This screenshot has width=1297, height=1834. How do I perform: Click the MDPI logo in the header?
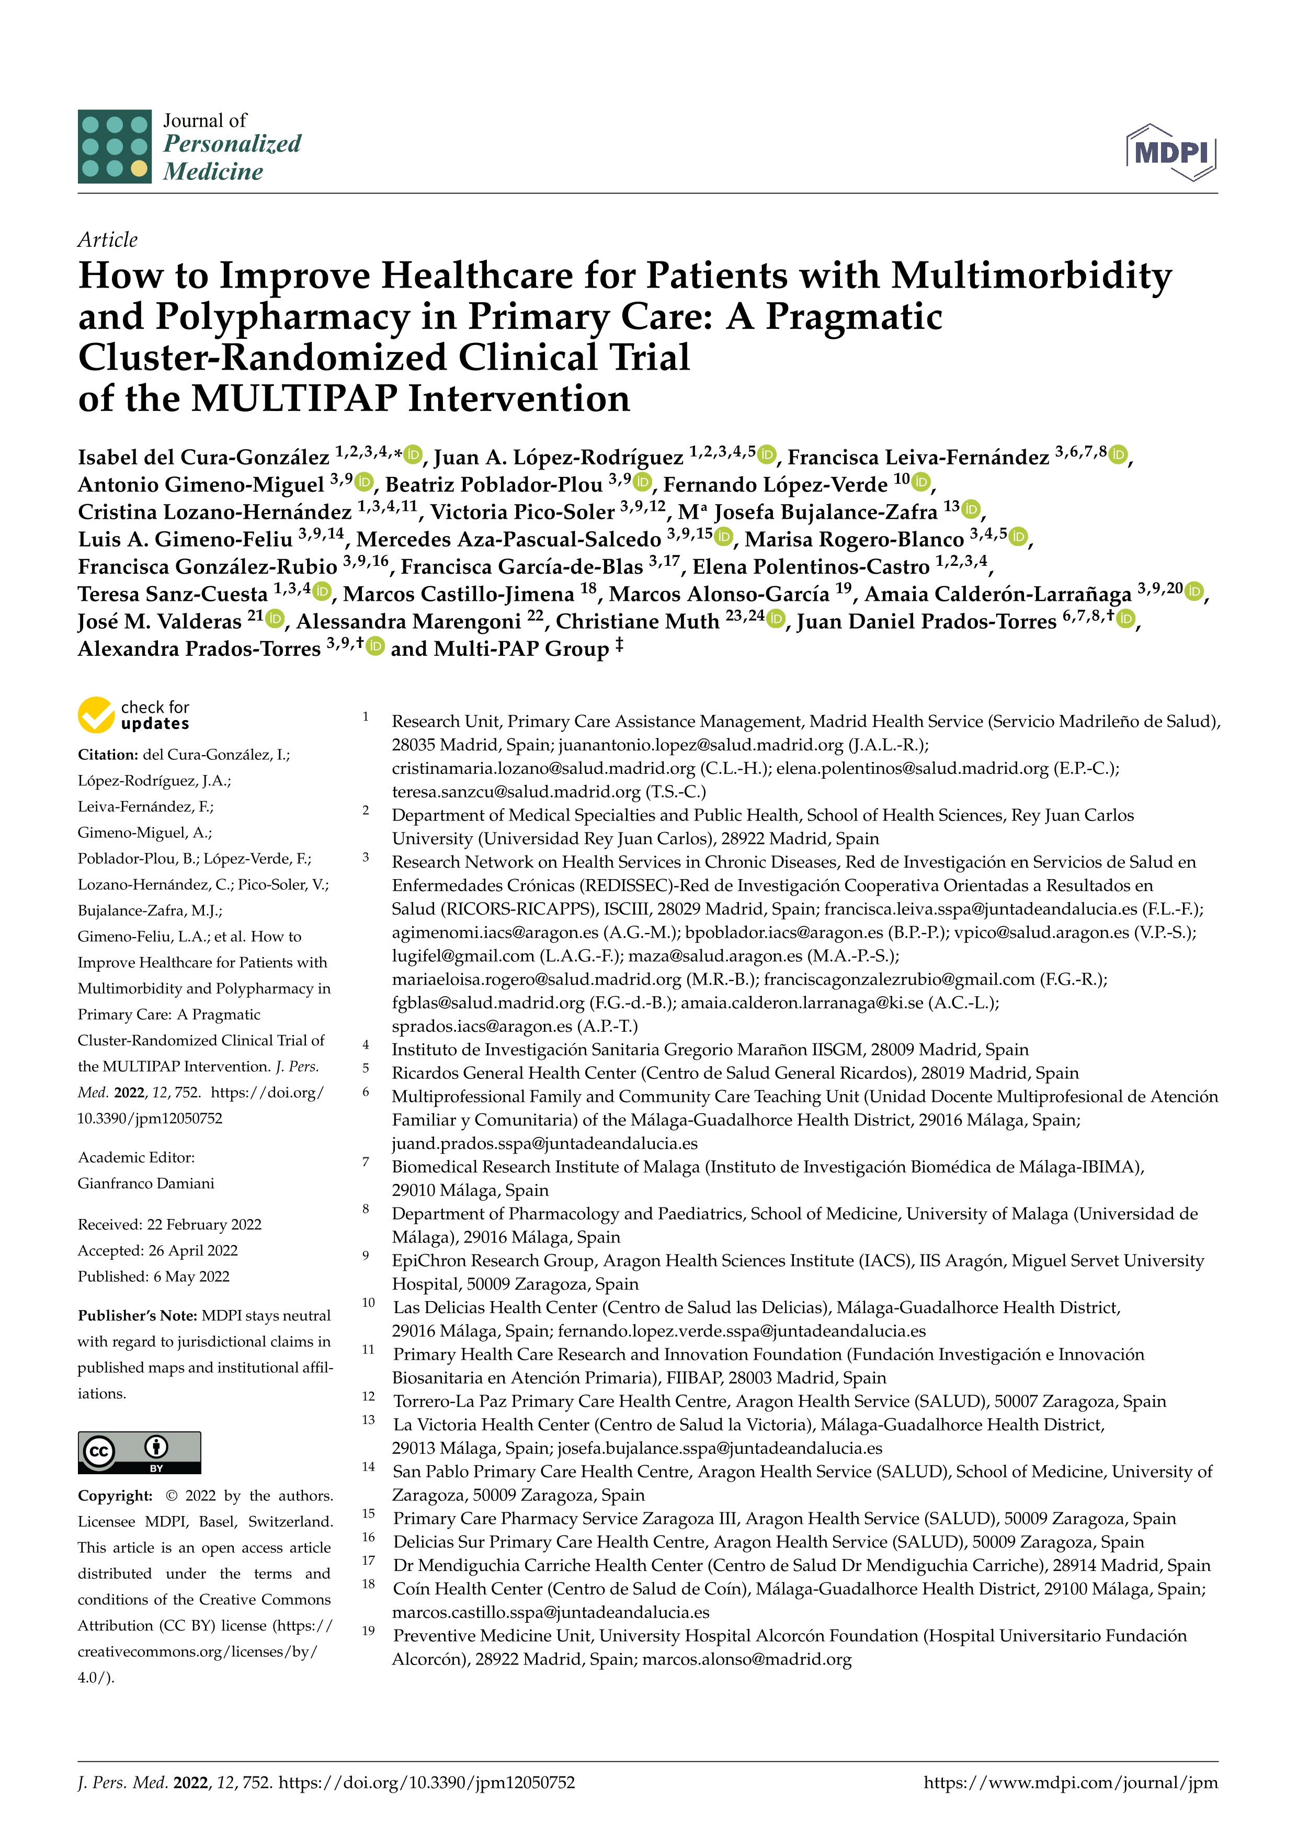click(x=1171, y=152)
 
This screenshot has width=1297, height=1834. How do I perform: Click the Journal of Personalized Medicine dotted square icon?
click(x=114, y=146)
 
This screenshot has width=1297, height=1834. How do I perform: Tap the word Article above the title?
click(x=107, y=240)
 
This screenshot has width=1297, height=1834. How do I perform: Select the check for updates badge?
click(x=133, y=715)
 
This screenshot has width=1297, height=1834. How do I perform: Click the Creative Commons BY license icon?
click(x=139, y=1452)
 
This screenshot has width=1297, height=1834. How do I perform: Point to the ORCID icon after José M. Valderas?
click(x=275, y=618)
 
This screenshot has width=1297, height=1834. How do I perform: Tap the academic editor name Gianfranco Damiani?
click(x=145, y=1183)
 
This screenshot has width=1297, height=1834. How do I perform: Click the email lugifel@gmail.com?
click(x=462, y=955)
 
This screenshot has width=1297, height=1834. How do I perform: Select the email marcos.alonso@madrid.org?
click(x=747, y=1659)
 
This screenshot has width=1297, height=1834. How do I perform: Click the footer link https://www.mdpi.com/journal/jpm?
click(x=1070, y=1783)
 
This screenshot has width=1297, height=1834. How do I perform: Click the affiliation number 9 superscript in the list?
click(x=366, y=1256)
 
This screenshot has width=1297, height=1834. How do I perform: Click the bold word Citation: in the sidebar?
click(x=108, y=755)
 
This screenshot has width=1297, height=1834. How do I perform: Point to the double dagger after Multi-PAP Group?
click(x=619, y=645)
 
